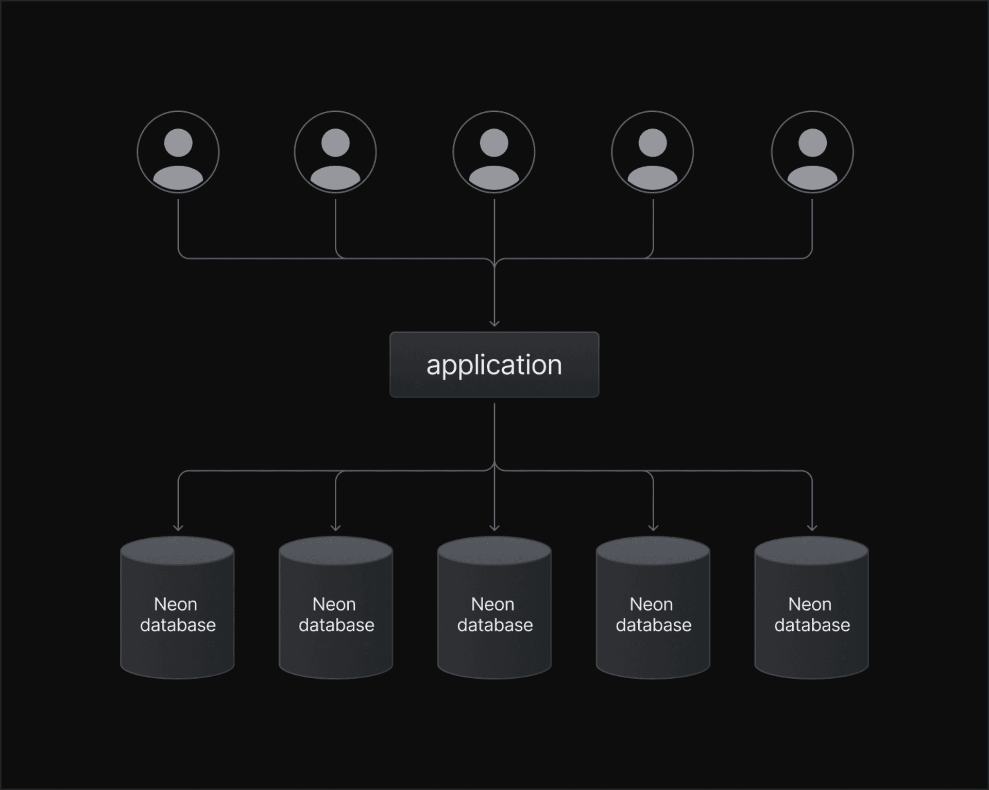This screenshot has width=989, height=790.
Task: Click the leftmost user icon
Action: click(x=178, y=152)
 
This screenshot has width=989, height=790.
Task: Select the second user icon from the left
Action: click(x=335, y=152)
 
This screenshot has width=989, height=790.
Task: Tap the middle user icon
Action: click(x=494, y=152)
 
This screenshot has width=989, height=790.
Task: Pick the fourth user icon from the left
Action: click(x=653, y=152)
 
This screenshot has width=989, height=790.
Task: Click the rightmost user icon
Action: click(x=812, y=152)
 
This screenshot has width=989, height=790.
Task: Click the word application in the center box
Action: click(x=494, y=365)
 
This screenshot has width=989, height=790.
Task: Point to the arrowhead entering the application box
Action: click(x=494, y=323)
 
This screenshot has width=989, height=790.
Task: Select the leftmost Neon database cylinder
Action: click(x=177, y=608)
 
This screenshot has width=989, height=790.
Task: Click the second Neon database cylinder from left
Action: click(x=336, y=608)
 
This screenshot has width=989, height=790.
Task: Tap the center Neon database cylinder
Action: click(x=494, y=608)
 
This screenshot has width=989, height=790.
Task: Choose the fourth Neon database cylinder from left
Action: click(x=653, y=608)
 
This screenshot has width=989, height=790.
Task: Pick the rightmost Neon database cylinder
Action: click(x=812, y=608)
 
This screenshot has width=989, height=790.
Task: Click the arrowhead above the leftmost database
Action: click(x=178, y=527)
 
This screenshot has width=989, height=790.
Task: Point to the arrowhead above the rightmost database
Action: click(x=812, y=527)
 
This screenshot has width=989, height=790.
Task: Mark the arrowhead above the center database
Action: click(x=494, y=527)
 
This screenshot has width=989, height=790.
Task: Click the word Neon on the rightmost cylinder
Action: click(x=810, y=604)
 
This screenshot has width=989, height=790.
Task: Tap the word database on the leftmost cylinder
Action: click(x=178, y=625)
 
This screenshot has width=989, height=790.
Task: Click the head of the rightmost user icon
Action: click(x=812, y=143)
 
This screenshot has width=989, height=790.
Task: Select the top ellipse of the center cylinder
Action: click(x=494, y=551)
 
